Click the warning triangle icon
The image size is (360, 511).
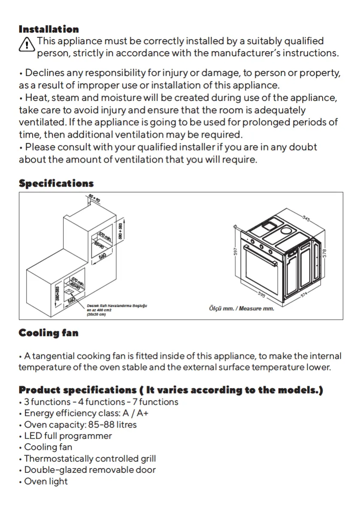tap(27, 44)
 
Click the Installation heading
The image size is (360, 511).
tap(48, 30)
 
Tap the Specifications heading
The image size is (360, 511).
tap(56, 184)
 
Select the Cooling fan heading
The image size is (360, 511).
tap(48, 333)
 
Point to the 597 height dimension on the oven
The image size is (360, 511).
tap(236, 251)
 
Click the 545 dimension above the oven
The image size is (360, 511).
tap(306, 218)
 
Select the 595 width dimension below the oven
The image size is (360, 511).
tap(261, 294)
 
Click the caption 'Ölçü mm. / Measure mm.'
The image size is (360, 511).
tap(241, 308)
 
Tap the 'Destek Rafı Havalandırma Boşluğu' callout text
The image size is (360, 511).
tap(117, 305)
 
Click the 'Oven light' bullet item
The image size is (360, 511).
tap(45, 481)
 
